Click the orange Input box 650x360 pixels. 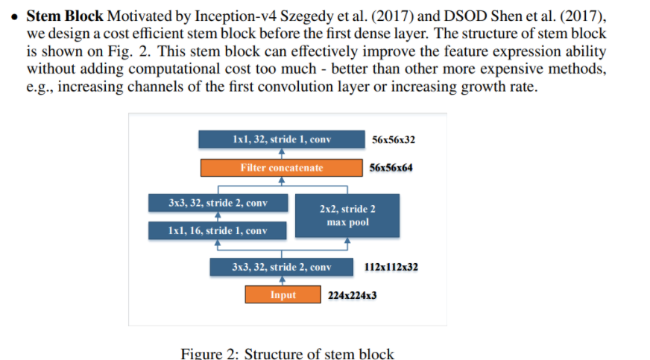[x=283, y=294]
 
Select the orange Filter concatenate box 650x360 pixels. [x=282, y=168]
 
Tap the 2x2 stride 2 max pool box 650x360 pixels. [x=347, y=215]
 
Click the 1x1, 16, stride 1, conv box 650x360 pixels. [x=217, y=231]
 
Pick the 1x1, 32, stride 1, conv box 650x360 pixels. [x=282, y=139]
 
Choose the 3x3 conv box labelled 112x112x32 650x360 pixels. [x=282, y=267]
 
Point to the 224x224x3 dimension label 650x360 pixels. [x=353, y=295]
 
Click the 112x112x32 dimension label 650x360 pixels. [x=391, y=267]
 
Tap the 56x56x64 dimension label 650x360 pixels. [x=391, y=168]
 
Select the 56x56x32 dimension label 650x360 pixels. [x=394, y=139]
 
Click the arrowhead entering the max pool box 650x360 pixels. [x=347, y=240]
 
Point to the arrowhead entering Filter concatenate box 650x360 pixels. [x=282, y=180]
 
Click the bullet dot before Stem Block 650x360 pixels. [x=15, y=17]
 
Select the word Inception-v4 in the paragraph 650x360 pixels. [x=236, y=16]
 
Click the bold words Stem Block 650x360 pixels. [x=65, y=16]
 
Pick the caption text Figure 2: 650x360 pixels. [x=209, y=354]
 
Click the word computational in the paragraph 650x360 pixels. [x=174, y=69]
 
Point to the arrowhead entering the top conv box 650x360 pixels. [x=282, y=151]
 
